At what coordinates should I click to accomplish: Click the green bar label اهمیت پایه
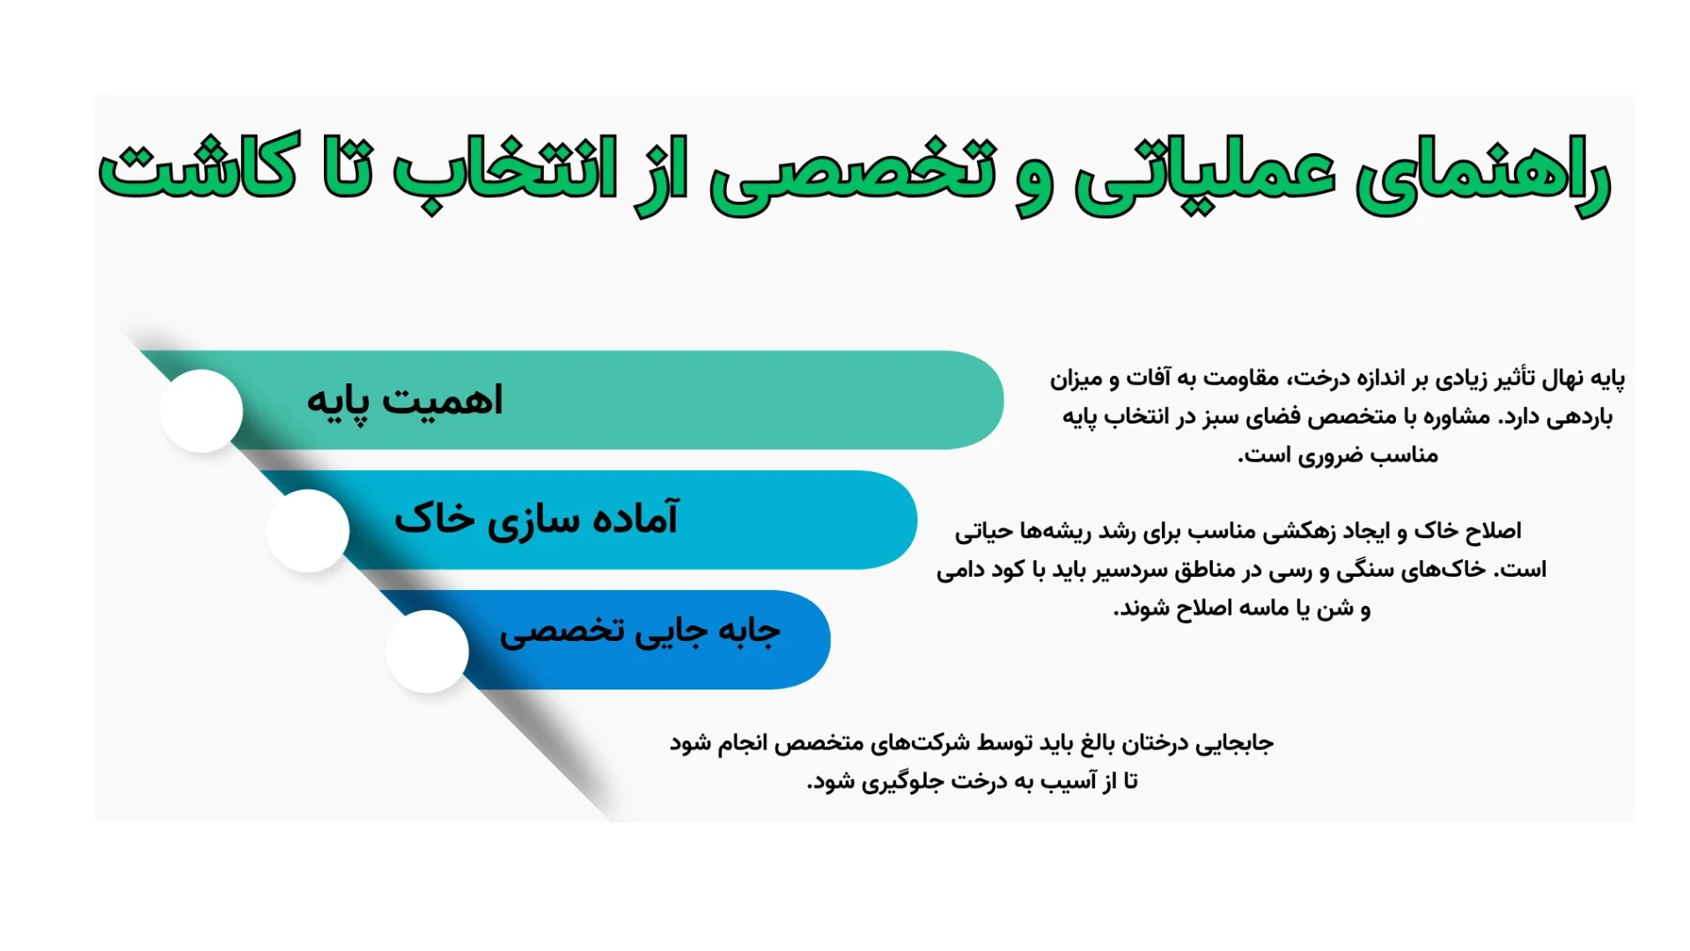point(404,402)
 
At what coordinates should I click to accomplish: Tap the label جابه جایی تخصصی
point(640,632)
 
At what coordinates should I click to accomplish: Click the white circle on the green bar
point(202,411)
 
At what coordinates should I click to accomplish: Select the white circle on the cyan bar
point(308,531)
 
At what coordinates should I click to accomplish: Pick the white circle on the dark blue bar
point(427,652)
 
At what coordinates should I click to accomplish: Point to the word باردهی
point(1580,417)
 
